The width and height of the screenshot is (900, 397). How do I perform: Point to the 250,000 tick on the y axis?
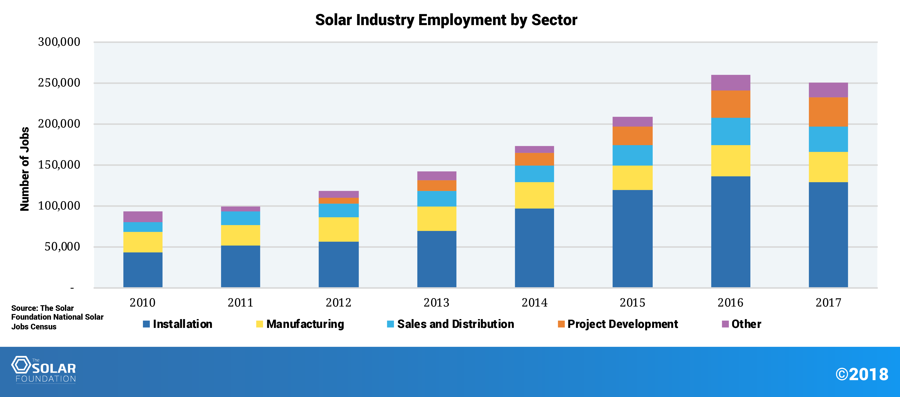(x=59, y=83)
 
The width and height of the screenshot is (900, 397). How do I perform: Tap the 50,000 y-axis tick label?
(x=62, y=247)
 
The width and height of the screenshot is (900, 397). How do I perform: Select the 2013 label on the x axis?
(x=436, y=302)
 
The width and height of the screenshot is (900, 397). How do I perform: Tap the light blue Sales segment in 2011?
(x=240, y=218)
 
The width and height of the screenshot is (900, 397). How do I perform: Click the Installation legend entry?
(x=178, y=324)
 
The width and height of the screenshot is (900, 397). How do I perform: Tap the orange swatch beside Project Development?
(x=561, y=324)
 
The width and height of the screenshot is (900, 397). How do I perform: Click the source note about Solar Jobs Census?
(x=57, y=317)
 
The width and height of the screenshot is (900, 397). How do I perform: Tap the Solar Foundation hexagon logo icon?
(x=21, y=365)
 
